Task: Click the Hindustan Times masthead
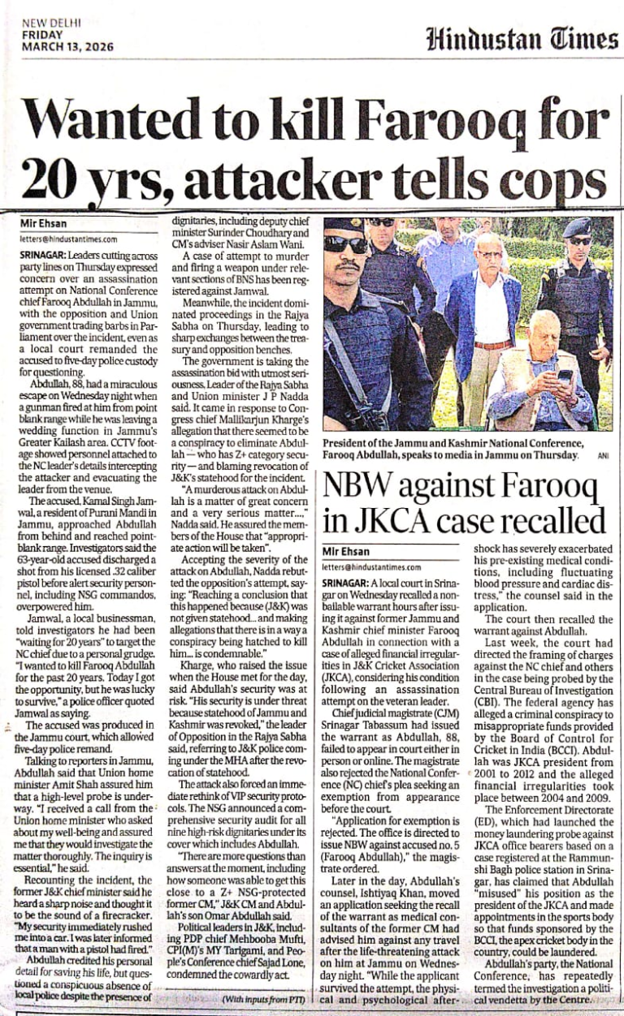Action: click(x=521, y=38)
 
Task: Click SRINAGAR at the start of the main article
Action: click(x=44, y=253)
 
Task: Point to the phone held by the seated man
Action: click(x=564, y=376)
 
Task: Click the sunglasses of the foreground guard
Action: click(x=345, y=244)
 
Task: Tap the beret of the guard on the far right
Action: click(x=578, y=226)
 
